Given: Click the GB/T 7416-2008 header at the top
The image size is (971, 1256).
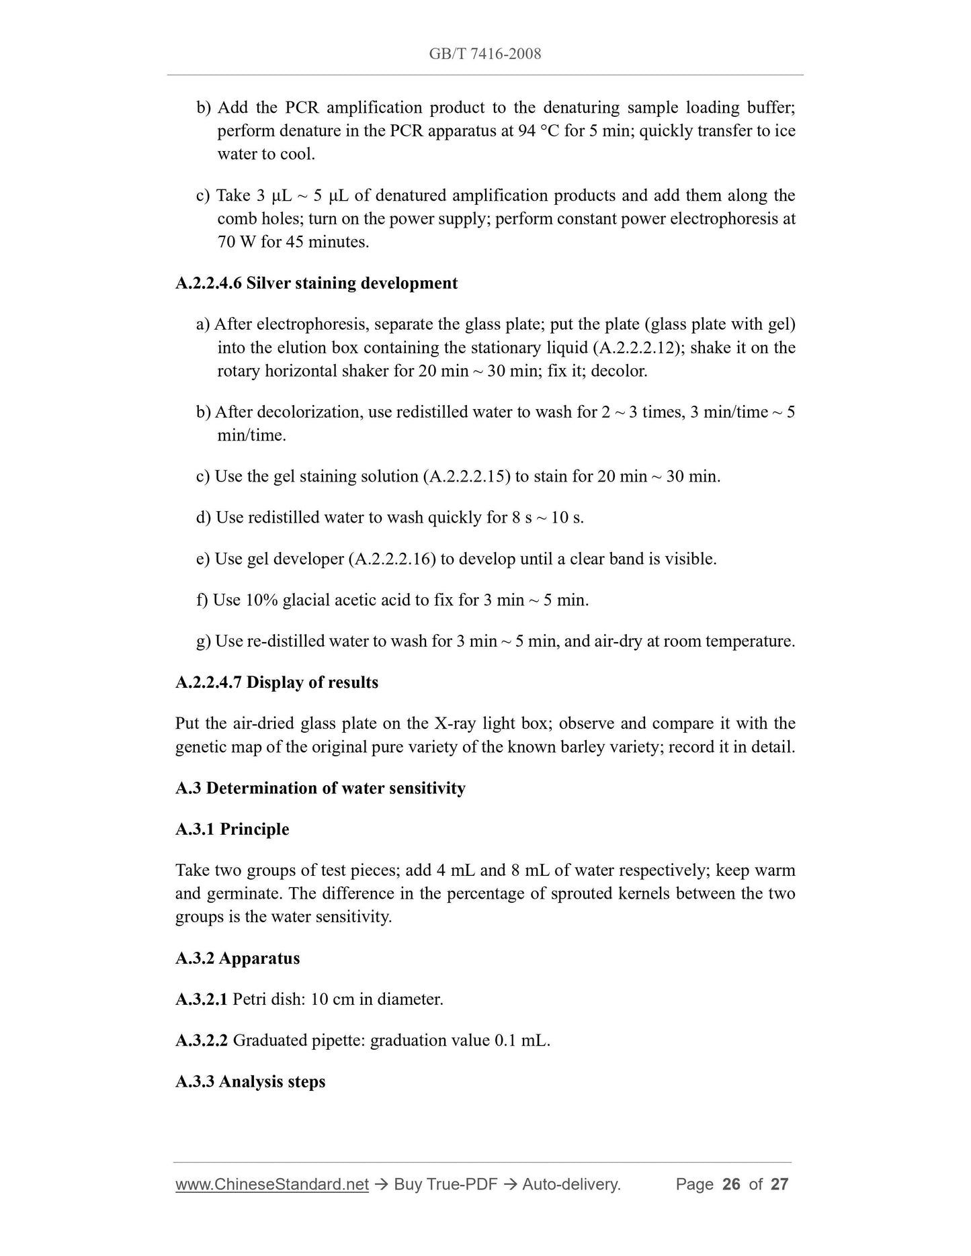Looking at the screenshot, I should click(x=484, y=54).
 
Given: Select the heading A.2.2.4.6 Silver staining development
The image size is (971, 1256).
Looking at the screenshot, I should click(x=316, y=283).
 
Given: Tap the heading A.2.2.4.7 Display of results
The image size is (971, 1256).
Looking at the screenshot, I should click(x=277, y=682).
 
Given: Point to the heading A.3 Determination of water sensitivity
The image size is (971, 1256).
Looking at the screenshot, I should click(x=320, y=788).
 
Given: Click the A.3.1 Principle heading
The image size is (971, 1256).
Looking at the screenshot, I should click(x=232, y=829).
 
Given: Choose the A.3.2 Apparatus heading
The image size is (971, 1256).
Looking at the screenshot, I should click(x=237, y=958).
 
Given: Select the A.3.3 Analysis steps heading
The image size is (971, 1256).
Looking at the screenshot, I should click(x=250, y=1082).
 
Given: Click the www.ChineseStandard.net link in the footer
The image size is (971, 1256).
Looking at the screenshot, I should click(x=272, y=1184).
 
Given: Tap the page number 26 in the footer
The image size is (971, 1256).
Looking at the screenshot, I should click(x=731, y=1184).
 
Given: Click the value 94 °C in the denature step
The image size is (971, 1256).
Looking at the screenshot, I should click(x=538, y=131).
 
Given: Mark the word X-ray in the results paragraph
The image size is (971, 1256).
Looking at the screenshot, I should click(x=460, y=724).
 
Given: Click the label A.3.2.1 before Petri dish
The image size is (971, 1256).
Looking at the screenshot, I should click(x=201, y=999).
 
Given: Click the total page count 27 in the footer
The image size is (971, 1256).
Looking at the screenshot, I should click(x=779, y=1184).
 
